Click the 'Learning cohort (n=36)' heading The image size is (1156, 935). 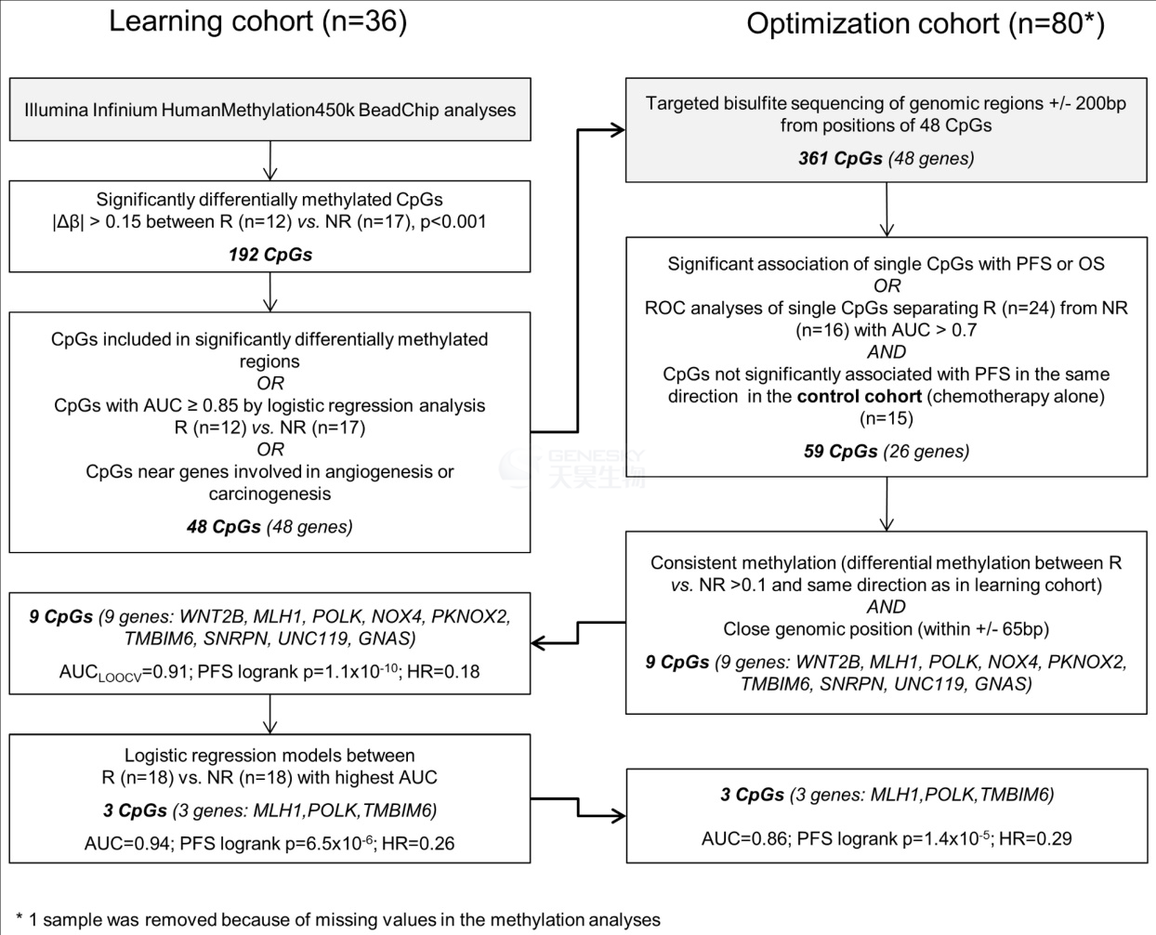(257, 21)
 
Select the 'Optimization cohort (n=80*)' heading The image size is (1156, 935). (926, 24)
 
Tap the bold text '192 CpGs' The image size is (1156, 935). (270, 255)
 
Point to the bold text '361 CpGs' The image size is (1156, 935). (840, 158)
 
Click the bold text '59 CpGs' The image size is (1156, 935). (840, 451)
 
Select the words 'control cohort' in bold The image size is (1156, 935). (860, 396)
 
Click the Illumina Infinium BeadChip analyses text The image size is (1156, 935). (269, 110)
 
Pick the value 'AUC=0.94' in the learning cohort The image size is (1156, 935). (127, 843)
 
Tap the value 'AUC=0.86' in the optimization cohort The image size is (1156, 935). (744, 838)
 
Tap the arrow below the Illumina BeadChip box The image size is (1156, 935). (269, 161)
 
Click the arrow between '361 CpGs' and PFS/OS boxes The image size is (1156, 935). (887, 209)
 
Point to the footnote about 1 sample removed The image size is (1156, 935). (338, 919)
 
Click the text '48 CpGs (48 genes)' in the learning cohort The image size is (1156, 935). (269, 526)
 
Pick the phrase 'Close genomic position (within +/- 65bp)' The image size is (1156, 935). (886, 629)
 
